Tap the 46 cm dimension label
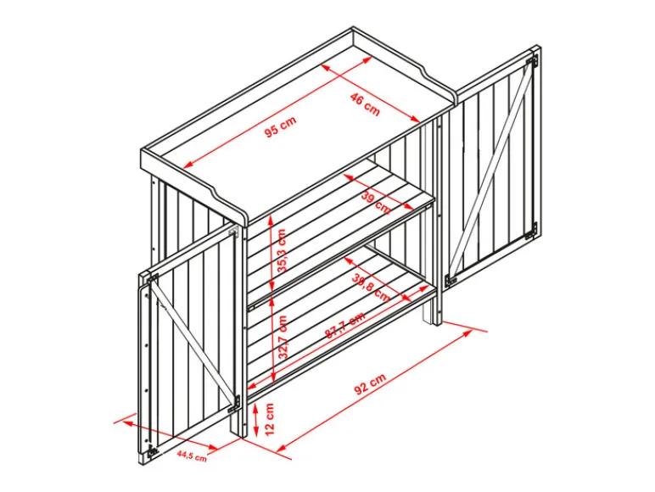click(x=365, y=104)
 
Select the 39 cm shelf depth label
click(x=375, y=202)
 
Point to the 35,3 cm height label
click(x=283, y=250)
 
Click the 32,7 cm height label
click(x=283, y=337)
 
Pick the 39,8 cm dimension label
click(x=371, y=288)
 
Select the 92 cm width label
click(x=370, y=383)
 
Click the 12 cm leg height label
click(x=270, y=419)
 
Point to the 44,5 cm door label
click(x=192, y=456)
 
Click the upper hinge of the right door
click(x=532, y=60)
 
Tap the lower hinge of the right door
click(x=532, y=231)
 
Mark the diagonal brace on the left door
click(x=193, y=342)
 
